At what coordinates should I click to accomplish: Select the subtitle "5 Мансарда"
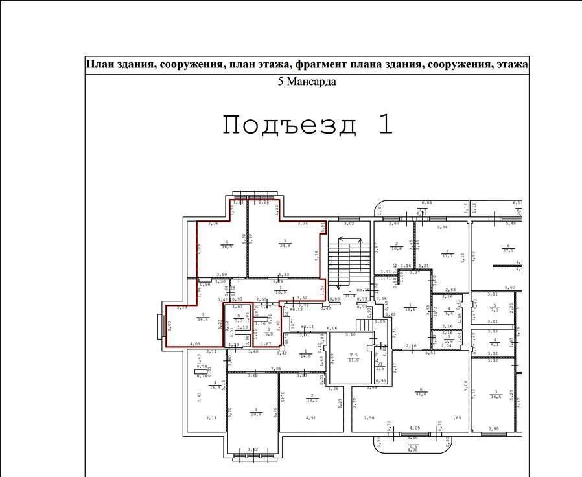307,82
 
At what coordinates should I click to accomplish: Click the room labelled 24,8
285,244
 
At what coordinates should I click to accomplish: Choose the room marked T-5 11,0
353,357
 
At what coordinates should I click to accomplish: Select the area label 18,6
410,308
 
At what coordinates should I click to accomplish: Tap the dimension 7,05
275,368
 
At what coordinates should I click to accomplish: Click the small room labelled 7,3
495,308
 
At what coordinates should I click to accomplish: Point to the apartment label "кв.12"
296,309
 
